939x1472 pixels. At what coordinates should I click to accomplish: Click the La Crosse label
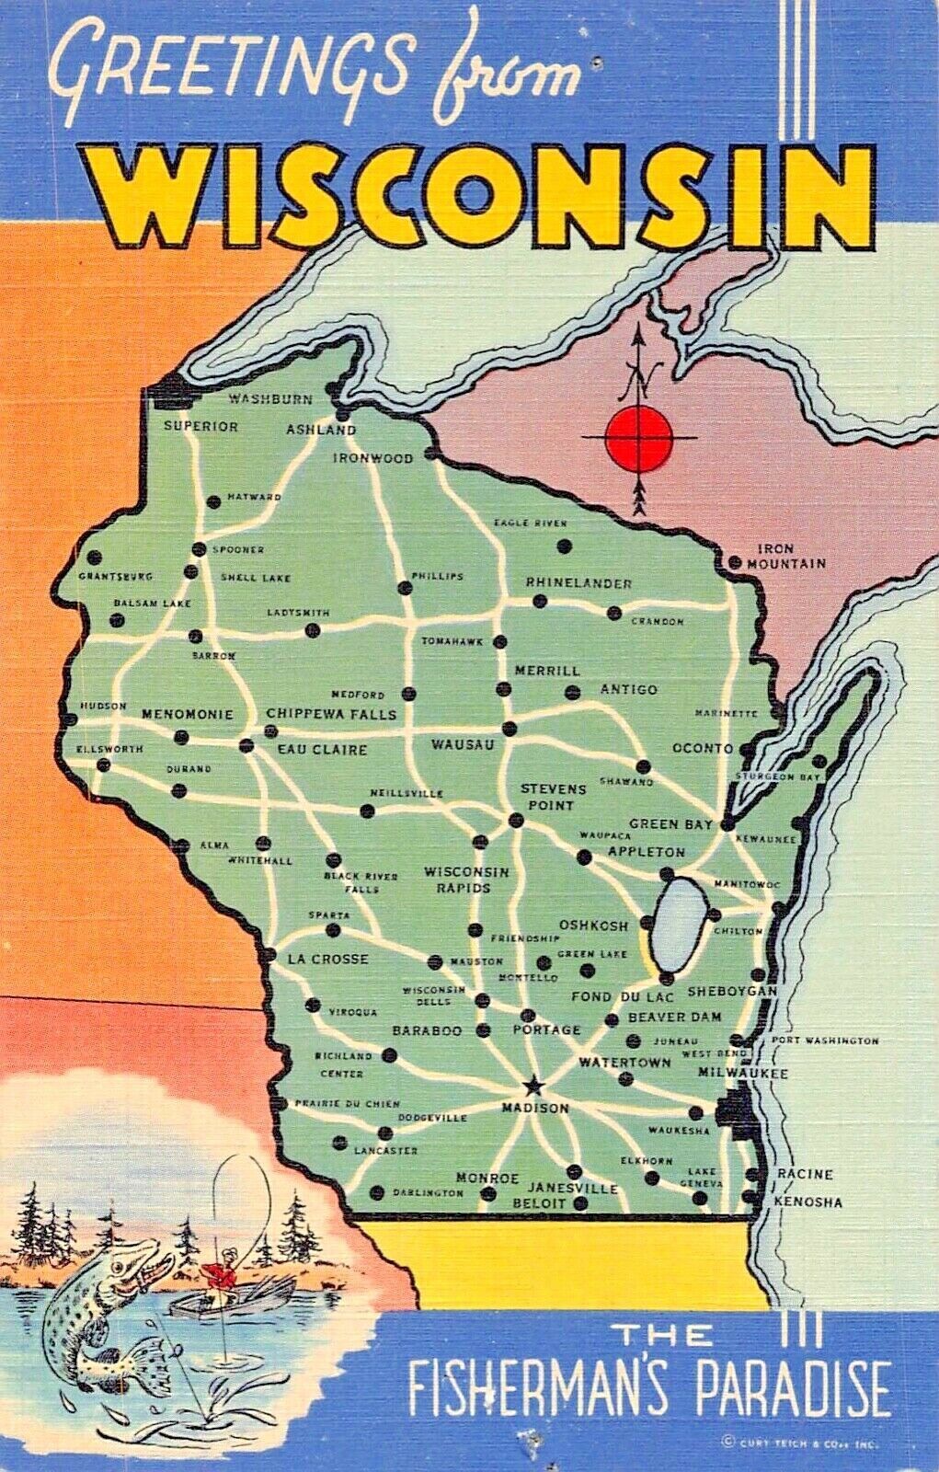[327, 959]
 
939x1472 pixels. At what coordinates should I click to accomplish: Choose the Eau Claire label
[322, 750]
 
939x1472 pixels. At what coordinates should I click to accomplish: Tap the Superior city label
[200, 427]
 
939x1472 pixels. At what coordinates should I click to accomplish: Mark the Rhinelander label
[578, 583]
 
